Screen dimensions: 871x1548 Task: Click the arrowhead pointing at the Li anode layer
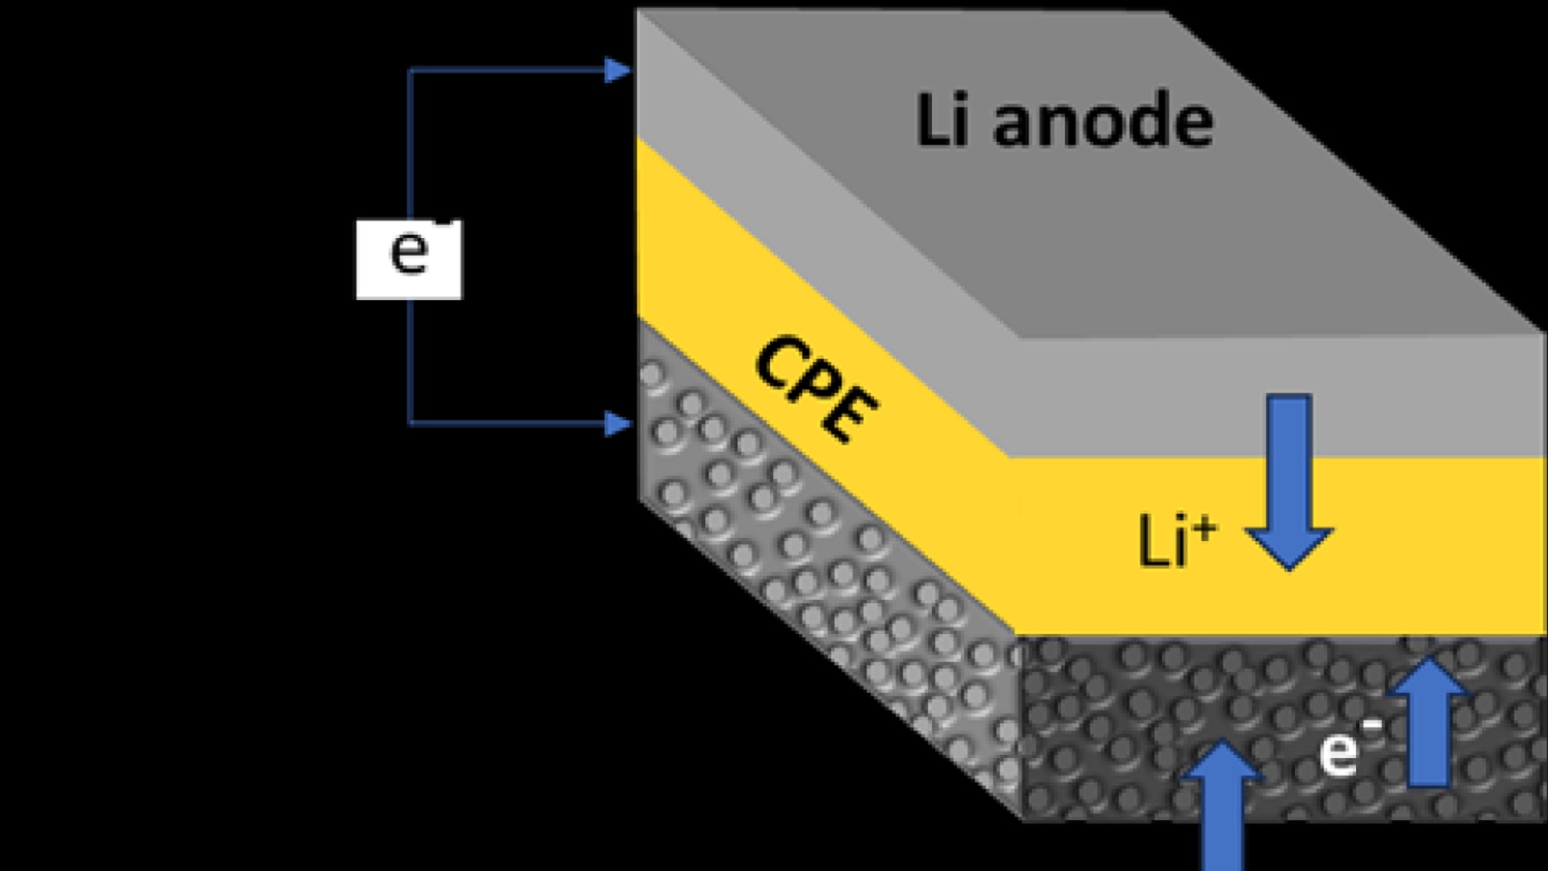(618, 71)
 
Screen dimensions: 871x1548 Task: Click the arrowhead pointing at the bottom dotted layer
(618, 423)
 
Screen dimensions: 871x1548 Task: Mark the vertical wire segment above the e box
(410, 145)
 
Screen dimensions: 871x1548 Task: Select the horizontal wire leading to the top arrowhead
(508, 71)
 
